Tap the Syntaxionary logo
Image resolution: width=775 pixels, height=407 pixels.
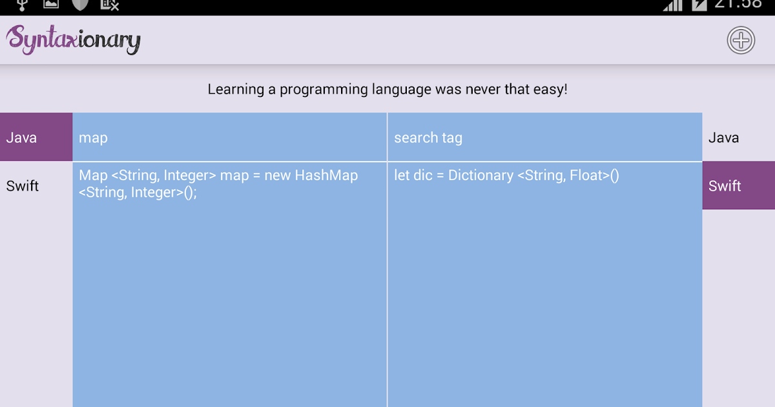pos(74,40)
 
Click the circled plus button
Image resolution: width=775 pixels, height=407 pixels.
pos(741,40)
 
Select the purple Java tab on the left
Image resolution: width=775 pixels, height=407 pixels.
pos(36,137)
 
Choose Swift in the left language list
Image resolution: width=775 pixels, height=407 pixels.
pos(23,186)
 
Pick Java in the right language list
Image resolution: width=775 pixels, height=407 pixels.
pos(723,138)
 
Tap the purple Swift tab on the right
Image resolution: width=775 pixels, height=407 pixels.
pos(739,185)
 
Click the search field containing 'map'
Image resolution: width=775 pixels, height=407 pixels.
pos(229,137)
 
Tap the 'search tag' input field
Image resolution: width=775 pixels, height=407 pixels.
pos(545,137)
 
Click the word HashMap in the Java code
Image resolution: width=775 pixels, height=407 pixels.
pos(326,175)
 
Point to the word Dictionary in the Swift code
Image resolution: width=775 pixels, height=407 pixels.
pos(480,175)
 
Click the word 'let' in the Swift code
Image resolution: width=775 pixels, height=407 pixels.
pos(402,175)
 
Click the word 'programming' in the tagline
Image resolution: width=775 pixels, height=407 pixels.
pos(324,90)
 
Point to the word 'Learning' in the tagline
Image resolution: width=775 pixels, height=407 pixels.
pos(236,89)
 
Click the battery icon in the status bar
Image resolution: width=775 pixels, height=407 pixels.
pos(699,5)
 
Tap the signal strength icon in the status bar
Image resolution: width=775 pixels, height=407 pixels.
pos(672,5)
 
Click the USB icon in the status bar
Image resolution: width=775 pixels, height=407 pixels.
pos(22,5)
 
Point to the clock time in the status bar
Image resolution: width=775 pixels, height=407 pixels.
pos(738,4)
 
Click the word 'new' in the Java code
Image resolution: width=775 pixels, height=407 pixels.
pos(278,176)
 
